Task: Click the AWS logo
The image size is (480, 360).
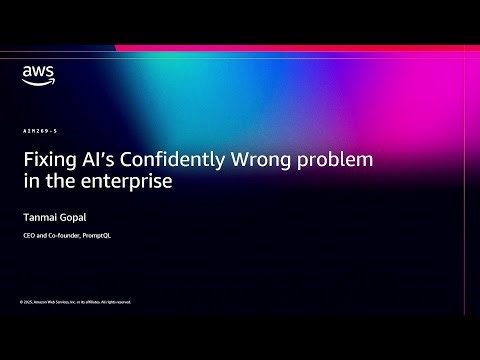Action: (x=37, y=75)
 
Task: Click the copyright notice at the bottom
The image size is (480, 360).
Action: (x=75, y=301)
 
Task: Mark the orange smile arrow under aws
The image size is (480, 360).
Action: (x=37, y=82)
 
